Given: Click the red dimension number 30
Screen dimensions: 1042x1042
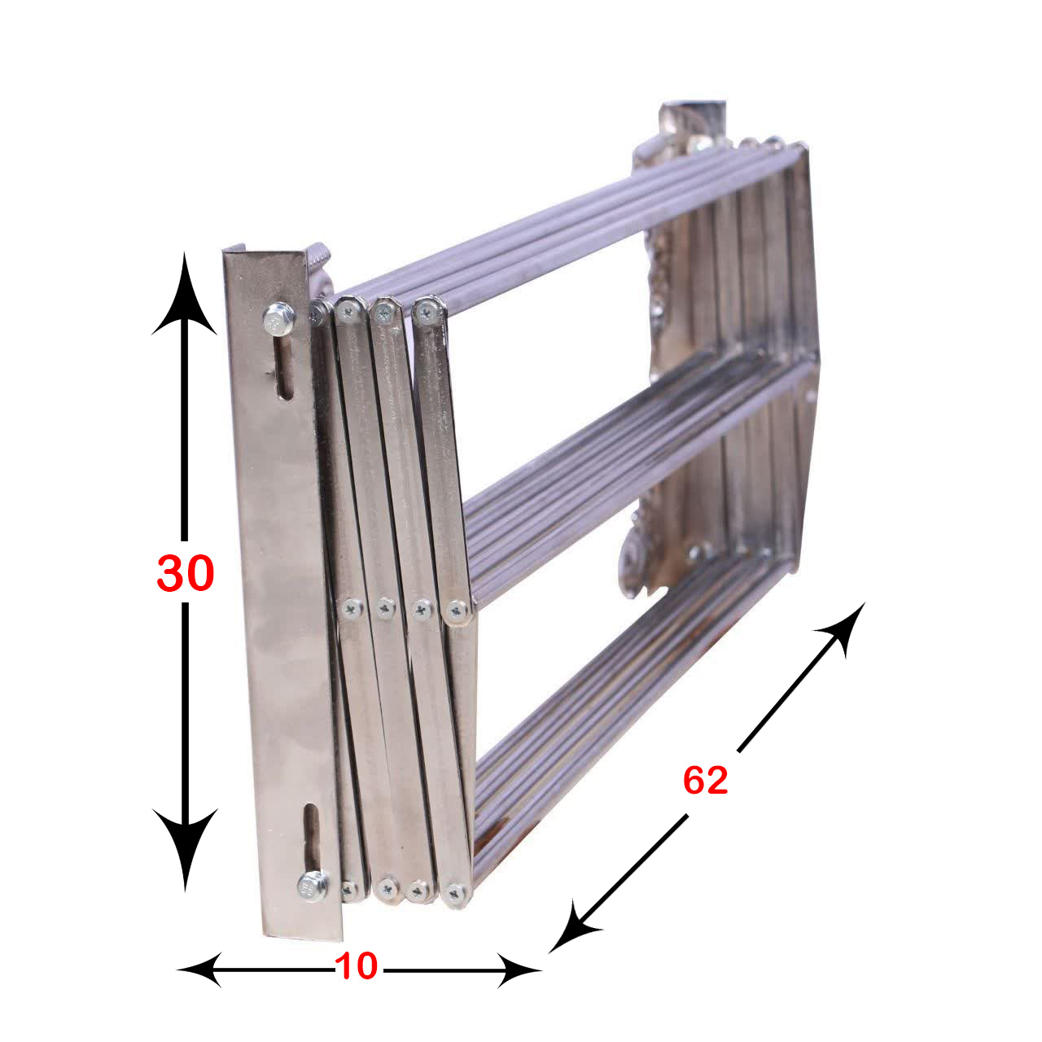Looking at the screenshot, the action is click(186, 574).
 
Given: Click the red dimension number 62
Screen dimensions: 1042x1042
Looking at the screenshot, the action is click(706, 781).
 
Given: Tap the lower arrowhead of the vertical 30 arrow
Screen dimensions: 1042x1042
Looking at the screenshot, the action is click(185, 851).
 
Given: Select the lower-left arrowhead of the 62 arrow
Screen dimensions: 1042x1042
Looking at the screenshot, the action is click(573, 925).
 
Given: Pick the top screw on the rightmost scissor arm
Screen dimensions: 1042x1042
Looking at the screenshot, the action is click(427, 312).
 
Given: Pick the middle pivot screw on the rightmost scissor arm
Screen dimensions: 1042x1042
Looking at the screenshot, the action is click(458, 611).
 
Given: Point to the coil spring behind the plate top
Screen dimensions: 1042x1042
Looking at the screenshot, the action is click(320, 258).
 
